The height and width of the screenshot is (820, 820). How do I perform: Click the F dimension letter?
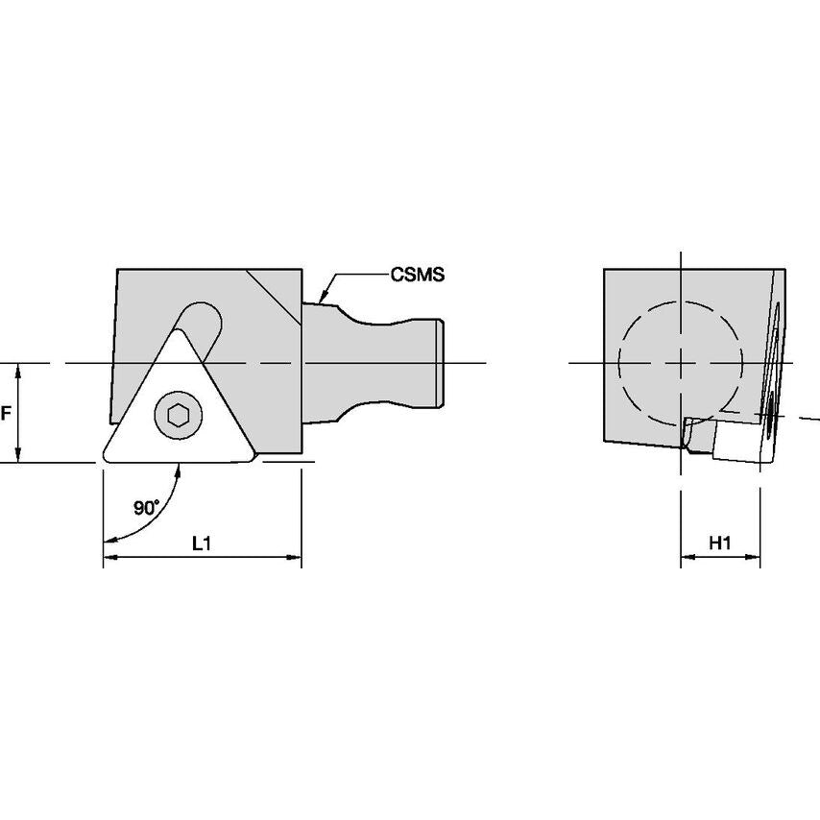pos(6,414)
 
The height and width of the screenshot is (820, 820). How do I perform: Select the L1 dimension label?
pos(202,543)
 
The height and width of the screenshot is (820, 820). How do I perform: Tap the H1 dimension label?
pos(720,543)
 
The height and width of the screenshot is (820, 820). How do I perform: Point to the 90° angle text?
pos(146,509)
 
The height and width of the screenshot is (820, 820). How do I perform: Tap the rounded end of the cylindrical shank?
pos(443,363)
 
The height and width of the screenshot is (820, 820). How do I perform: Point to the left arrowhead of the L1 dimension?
pos(109,557)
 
